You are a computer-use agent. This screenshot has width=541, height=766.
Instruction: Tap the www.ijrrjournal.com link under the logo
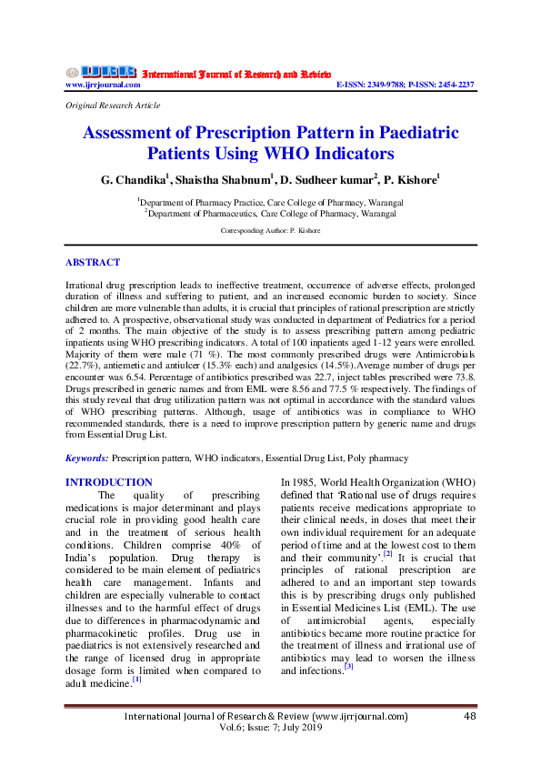[103, 85]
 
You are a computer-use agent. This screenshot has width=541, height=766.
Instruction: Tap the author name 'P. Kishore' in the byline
[414, 180]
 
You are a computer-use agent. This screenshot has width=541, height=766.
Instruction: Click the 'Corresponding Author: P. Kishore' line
[270, 231]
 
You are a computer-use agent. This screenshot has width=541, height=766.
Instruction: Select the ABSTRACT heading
[92, 262]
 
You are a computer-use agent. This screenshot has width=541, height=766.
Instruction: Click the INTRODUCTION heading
[108, 482]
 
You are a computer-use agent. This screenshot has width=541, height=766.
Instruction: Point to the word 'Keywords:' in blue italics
[87, 459]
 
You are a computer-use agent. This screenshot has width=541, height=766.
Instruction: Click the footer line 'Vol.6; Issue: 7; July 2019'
[270, 731]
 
